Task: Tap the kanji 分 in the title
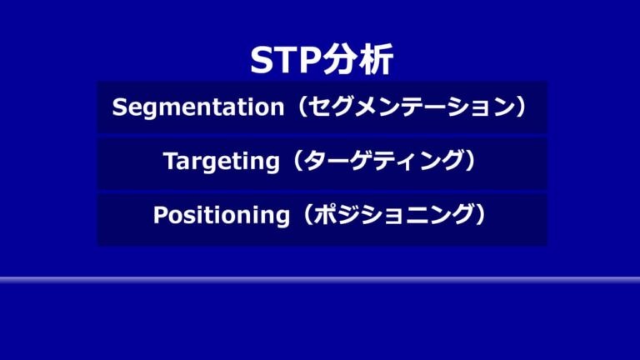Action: pyautogui.click(x=342, y=61)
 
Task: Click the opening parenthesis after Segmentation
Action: pyautogui.click(x=297, y=107)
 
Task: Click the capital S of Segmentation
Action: pyautogui.click(x=118, y=107)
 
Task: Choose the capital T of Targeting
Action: pyautogui.click(x=170, y=162)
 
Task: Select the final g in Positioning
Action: pyautogui.click(x=280, y=217)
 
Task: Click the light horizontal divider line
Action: pyautogui.click(x=320, y=280)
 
